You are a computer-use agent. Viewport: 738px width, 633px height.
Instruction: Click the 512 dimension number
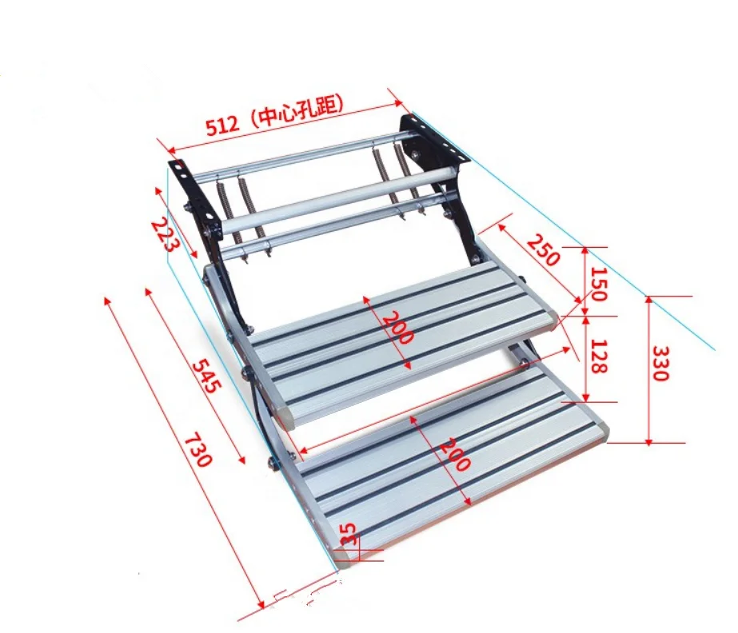(223, 125)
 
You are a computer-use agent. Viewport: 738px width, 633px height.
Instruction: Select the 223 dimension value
(163, 234)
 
